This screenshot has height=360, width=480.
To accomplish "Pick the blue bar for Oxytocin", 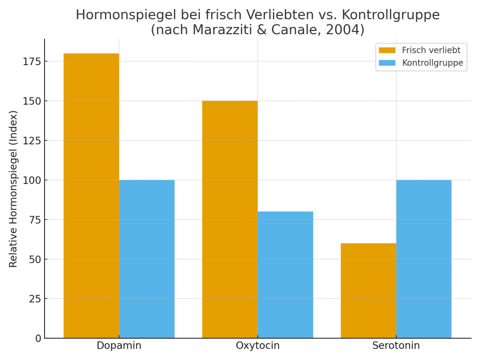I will pyautogui.click(x=285, y=275).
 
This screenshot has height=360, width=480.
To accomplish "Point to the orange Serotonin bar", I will pyautogui.click(x=368, y=291).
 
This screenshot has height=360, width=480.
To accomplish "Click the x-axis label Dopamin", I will pyautogui.click(x=119, y=346).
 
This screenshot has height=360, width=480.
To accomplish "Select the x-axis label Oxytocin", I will pyautogui.click(x=258, y=346).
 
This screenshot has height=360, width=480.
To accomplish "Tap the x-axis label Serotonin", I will pyautogui.click(x=396, y=346).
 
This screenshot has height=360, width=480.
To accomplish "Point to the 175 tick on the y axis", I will pyautogui.click(x=32, y=61).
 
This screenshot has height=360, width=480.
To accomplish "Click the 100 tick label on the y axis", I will pyautogui.click(x=32, y=180).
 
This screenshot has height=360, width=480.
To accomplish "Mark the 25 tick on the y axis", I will pyautogui.click(x=35, y=299).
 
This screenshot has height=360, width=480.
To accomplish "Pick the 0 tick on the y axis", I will pyautogui.click(x=38, y=338).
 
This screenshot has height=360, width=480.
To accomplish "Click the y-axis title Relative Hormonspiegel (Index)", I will pyautogui.click(x=14, y=188).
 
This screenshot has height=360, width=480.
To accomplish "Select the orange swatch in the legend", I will pyautogui.click(x=387, y=50).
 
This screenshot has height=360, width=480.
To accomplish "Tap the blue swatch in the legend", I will pyautogui.click(x=387, y=63).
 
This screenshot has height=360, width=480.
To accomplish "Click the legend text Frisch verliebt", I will pyautogui.click(x=431, y=50).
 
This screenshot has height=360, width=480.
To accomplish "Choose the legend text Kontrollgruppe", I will pyautogui.click(x=433, y=63).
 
